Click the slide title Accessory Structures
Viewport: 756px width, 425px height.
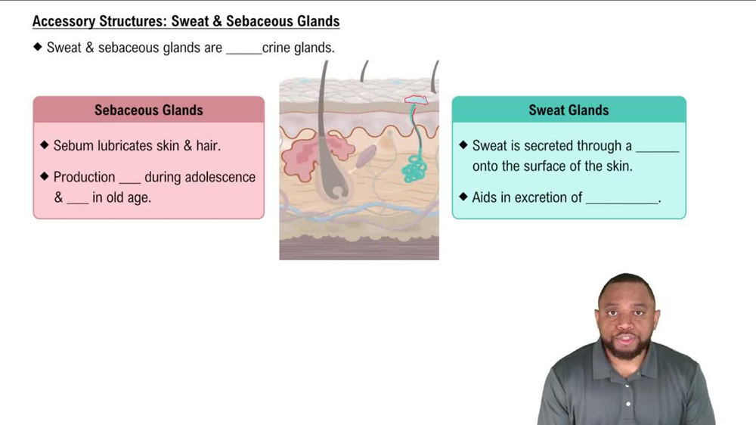[x=185, y=21]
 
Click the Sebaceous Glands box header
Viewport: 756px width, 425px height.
[x=149, y=110]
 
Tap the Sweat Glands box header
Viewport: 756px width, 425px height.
[x=569, y=110]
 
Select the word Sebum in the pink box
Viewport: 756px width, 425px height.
[x=74, y=146]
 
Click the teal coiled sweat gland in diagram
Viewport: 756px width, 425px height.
[x=414, y=167]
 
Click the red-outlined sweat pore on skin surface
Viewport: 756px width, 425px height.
[x=416, y=100]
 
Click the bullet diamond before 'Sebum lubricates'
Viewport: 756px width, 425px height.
[x=45, y=145]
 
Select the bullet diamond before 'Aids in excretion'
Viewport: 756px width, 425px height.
[x=463, y=197]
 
